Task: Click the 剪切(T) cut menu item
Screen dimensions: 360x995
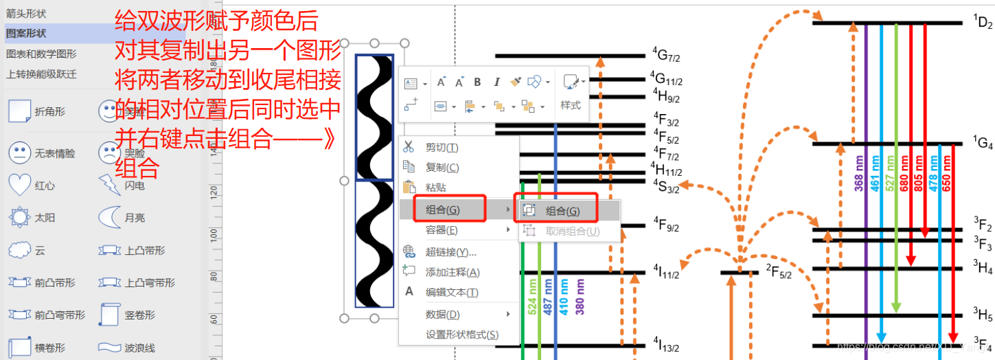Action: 442,148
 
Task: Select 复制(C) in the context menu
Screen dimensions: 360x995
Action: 442,168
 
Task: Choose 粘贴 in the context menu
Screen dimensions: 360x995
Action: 435,187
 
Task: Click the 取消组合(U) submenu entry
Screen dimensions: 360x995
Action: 572,232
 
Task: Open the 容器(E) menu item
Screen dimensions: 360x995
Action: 442,230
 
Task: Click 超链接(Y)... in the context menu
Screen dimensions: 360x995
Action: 450,252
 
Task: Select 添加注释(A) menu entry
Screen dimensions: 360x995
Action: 452,272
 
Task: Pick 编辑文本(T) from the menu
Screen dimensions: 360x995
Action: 451,293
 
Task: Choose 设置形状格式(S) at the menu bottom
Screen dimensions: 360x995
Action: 461,335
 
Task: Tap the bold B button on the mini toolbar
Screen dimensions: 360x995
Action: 477,82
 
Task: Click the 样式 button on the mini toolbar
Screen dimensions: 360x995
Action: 571,105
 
